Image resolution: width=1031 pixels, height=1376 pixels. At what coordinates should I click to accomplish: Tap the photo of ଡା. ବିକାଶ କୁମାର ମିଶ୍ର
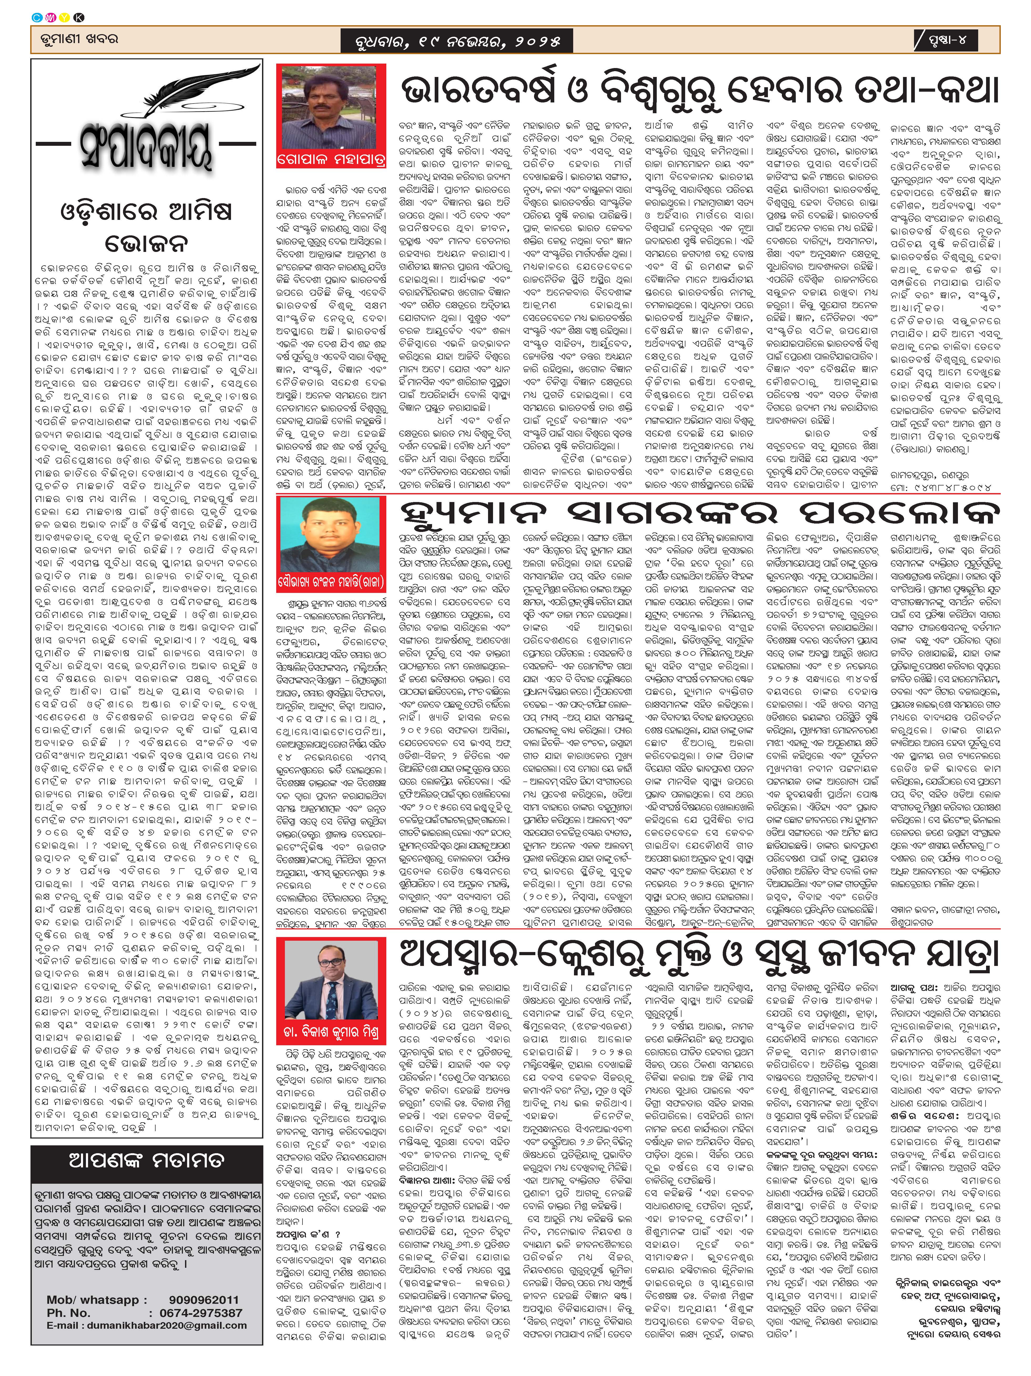pos(330,981)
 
